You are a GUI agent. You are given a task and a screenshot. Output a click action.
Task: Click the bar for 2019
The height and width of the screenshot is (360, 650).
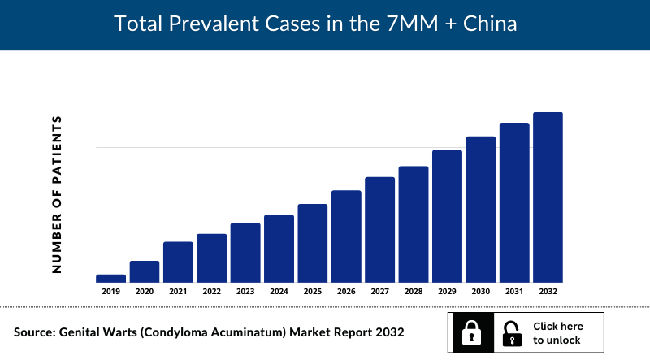click(110, 278)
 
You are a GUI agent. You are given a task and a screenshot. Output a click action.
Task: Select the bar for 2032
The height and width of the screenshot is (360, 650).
click(548, 197)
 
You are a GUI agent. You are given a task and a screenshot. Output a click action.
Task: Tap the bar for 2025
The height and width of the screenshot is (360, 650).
click(313, 243)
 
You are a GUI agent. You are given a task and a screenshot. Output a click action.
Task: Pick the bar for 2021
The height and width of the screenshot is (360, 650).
click(178, 262)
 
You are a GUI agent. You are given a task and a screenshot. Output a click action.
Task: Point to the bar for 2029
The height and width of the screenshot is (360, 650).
click(447, 216)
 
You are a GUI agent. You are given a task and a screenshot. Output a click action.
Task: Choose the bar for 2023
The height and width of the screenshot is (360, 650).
click(245, 252)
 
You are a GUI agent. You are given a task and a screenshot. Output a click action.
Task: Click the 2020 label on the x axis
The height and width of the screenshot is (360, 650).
click(145, 291)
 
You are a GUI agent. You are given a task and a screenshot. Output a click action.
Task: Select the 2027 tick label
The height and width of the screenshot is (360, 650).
click(379, 291)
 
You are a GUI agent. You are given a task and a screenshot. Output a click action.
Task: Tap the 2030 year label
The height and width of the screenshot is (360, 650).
click(480, 291)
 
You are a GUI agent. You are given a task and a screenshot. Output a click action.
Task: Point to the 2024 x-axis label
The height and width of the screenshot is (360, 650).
click(279, 291)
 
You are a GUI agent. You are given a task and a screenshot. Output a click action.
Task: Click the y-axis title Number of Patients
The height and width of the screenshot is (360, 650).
click(57, 193)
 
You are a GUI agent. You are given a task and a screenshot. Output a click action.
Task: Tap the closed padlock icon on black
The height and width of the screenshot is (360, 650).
click(470, 332)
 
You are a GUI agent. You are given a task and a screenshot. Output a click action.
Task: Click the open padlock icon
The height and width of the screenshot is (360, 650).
click(512, 332)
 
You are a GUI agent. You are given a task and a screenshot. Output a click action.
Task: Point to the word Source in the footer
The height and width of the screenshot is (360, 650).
click(38, 332)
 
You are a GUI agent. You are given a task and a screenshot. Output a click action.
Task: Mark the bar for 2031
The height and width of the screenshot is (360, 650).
click(514, 202)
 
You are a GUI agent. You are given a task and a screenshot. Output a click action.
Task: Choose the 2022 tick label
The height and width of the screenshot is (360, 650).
click(212, 291)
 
